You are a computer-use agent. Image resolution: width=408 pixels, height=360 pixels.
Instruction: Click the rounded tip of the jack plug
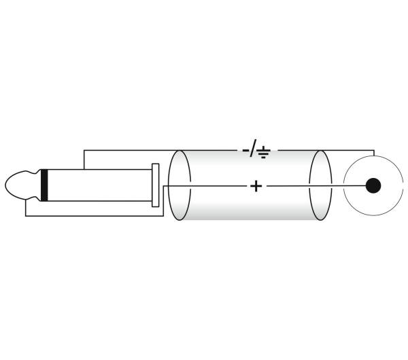coord(16,185)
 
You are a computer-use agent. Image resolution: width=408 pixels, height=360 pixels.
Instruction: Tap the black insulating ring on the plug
coord(44,185)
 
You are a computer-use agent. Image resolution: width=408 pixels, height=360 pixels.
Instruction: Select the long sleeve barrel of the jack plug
coord(99,185)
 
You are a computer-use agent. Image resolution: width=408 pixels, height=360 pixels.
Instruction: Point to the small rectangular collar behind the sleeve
coord(155,185)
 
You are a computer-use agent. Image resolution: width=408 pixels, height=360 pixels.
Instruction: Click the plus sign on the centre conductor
coord(256,186)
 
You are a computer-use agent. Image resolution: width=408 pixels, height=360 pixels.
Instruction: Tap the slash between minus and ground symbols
coord(253,148)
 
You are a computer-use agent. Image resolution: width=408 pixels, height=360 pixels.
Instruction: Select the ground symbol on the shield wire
coord(264,152)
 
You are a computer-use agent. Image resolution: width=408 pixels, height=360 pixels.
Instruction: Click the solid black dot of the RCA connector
coord(373,185)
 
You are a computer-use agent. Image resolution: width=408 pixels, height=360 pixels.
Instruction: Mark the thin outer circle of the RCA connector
coord(343,185)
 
